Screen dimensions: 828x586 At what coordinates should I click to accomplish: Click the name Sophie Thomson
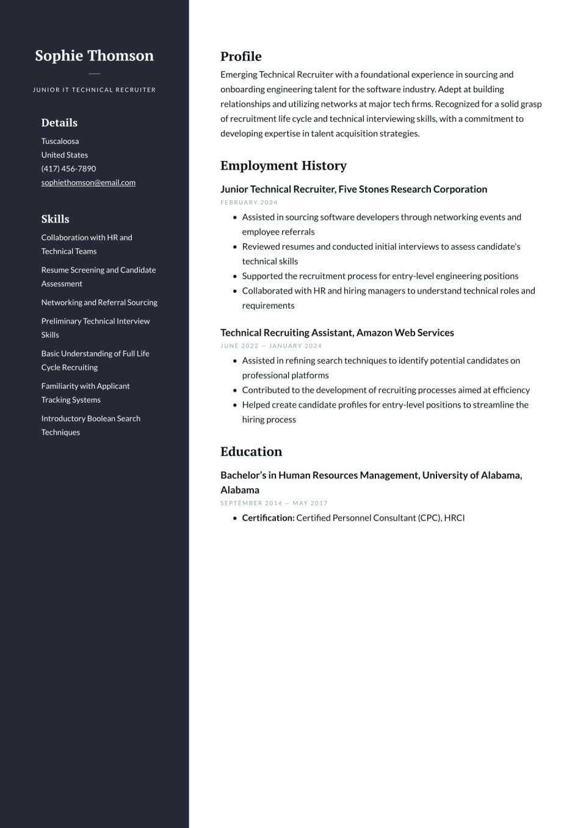click(x=94, y=56)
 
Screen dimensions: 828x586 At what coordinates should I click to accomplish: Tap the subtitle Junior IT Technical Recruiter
click(x=94, y=90)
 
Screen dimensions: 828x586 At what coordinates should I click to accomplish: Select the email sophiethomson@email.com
click(x=88, y=182)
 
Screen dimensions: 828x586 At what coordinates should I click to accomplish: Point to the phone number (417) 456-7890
click(x=68, y=168)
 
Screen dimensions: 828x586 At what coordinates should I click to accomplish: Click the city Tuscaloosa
click(x=60, y=141)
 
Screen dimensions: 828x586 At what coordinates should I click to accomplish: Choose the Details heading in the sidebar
click(x=59, y=123)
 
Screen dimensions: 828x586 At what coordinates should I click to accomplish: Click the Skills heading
click(x=55, y=219)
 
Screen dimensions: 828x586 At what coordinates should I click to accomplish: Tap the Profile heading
click(x=241, y=57)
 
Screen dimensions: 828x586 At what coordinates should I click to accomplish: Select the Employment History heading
click(x=283, y=165)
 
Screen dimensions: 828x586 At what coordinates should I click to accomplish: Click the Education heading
click(x=251, y=452)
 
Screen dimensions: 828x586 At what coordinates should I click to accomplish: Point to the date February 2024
click(x=249, y=203)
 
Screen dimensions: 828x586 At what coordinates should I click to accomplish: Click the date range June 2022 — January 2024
click(x=271, y=346)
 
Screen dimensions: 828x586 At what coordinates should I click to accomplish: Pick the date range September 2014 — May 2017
click(x=274, y=503)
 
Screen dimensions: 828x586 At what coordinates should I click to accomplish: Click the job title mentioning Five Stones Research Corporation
click(x=353, y=189)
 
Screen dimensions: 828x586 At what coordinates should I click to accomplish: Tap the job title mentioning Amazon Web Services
click(x=337, y=333)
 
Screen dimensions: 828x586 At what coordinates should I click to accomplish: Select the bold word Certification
click(x=268, y=518)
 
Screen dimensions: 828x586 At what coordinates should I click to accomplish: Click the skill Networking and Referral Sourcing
click(x=99, y=302)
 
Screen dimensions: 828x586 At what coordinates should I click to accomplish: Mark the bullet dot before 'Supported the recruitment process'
click(x=234, y=276)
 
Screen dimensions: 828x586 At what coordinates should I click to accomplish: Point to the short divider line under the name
click(x=94, y=74)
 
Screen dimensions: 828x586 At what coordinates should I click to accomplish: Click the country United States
click(x=64, y=155)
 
